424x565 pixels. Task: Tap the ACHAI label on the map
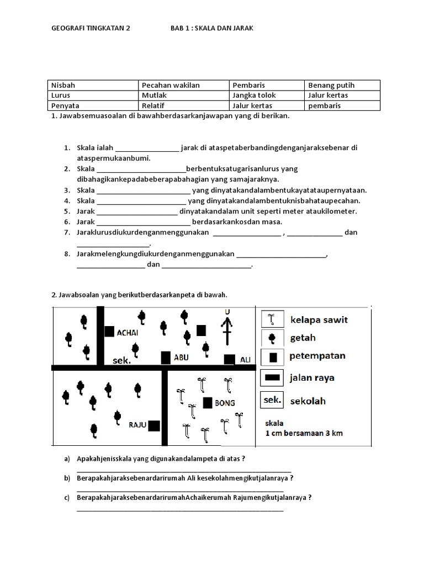point(128,333)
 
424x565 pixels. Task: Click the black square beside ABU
point(165,358)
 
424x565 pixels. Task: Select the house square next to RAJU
point(154,425)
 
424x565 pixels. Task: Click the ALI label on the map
point(245,360)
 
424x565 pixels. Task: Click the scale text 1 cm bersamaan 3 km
point(304,433)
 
